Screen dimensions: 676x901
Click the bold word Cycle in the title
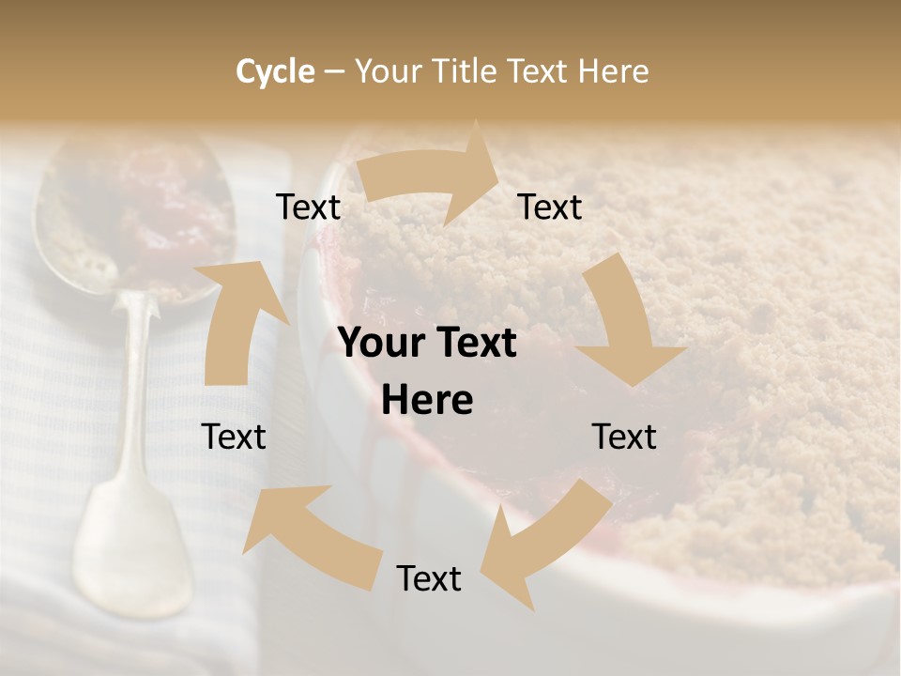coord(275,71)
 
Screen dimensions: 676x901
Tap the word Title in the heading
coord(465,71)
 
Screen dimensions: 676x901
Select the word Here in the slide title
coord(613,71)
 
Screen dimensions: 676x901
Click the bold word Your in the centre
coord(380,344)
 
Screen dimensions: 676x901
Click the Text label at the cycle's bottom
coord(429,578)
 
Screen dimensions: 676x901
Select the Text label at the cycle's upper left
coord(309,207)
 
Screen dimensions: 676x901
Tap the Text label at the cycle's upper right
coord(550,207)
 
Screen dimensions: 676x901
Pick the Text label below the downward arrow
coord(624,437)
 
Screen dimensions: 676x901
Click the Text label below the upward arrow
coord(234,437)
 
